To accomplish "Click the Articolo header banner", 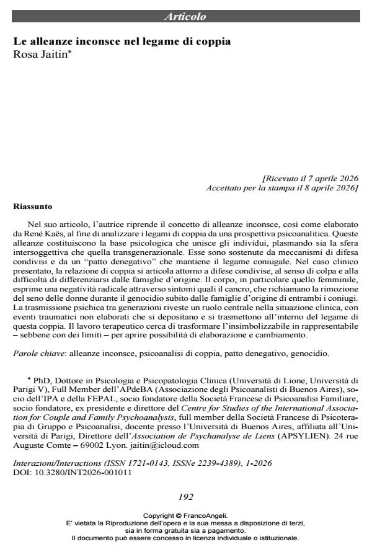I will point(185,16).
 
